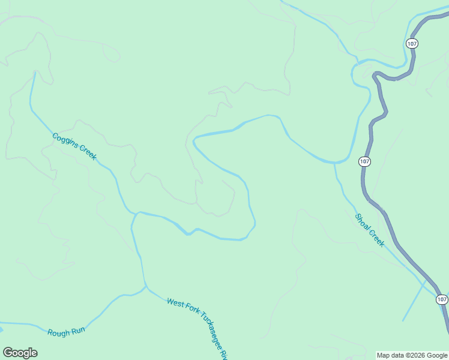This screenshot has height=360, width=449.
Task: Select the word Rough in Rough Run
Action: point(58,331)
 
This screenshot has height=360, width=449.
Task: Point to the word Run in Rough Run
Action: point(78,329)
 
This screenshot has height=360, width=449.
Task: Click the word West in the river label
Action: point(174,302)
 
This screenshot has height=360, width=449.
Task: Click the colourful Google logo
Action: point(20,353)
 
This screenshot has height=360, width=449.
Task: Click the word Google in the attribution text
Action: point(438,356)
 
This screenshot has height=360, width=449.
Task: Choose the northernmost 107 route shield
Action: point(411,44)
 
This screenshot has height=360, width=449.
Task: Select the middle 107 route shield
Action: point(365,161)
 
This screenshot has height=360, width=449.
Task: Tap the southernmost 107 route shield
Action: point(442,299)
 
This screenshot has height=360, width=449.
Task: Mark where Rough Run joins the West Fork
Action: point(146,287)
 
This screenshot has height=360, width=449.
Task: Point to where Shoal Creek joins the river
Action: point(334,163)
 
